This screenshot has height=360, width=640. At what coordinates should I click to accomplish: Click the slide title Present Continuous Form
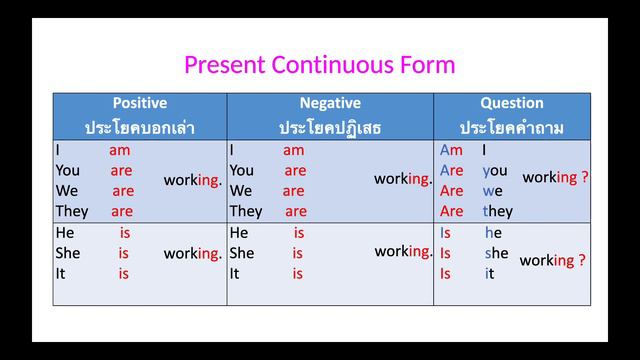(319, 65)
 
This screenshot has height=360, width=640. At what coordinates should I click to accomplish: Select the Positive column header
(139, 103)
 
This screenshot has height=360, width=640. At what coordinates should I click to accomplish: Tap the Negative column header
(329, 103)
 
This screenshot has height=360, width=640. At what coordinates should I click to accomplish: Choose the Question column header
(511, 103)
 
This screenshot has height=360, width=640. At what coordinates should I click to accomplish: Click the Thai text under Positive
(139, 127)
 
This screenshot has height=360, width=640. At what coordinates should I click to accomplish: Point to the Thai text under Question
(511, 127)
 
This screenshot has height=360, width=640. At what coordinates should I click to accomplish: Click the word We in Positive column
(67, 191)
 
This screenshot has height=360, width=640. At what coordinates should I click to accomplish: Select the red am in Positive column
(120, 150)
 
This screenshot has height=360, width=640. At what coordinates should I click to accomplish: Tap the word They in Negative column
(245, 211)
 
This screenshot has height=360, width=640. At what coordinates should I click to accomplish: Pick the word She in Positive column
(68, 253)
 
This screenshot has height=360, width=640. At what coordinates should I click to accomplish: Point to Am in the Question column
(451, 150)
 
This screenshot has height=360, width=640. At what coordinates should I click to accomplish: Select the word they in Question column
(497, 211)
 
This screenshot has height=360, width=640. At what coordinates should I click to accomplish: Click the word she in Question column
(497, 253)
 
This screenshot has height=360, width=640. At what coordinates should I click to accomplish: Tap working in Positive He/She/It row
(192, 253)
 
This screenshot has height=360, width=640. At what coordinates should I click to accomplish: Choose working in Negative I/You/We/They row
(403, 179)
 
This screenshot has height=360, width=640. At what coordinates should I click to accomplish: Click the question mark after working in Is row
(582, 260)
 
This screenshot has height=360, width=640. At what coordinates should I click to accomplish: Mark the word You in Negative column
(242, 170)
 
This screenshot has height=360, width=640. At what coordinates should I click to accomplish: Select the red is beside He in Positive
(124, 233)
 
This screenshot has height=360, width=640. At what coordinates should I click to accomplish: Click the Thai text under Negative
(329, 127)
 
